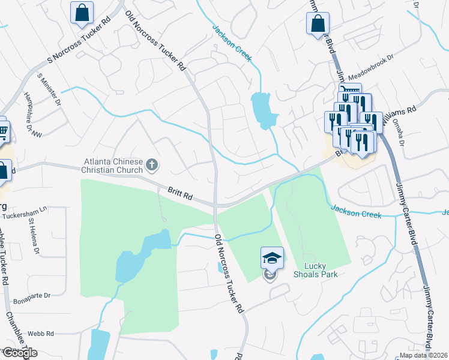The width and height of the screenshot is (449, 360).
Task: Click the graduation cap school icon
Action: (x=272, y=259)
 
